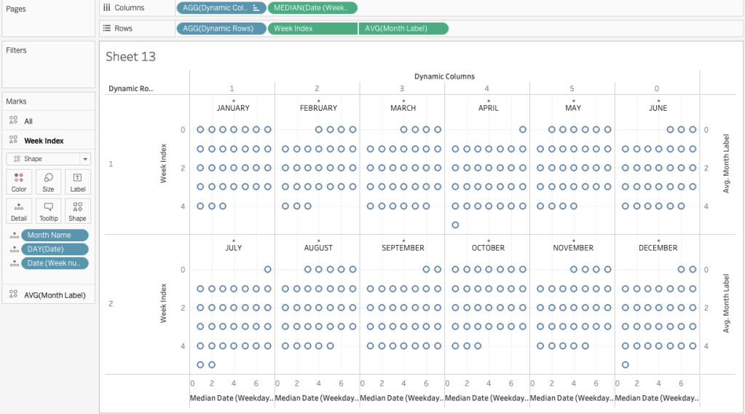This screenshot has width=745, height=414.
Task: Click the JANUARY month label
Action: (233, 108)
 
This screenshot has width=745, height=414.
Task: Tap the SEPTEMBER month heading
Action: (403, 248)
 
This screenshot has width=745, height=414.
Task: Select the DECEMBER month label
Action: (658, 248)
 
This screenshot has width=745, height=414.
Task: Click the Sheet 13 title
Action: (130, 57)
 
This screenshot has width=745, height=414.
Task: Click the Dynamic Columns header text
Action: (444, 77)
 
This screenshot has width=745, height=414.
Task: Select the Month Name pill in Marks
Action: (55, 235)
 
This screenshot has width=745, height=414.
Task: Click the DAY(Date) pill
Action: (55, 249)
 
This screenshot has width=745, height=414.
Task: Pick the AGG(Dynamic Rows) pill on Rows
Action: (221, 28)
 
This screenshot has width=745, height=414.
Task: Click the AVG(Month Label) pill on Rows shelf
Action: (403, 28)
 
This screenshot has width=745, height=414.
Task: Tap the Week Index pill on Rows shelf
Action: (312, 28)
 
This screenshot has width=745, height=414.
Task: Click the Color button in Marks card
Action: (19, 182)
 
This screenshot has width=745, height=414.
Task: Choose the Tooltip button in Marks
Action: (48, 211)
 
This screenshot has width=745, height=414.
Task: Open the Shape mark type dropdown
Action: (48, 158)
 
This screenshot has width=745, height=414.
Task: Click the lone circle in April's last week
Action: (455, 225)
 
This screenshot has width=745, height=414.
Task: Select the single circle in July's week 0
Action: (268, 270)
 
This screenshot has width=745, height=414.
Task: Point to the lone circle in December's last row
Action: (626, 364)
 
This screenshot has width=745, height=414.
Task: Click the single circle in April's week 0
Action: (523, 130)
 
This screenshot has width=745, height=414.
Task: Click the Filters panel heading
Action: (17, 50)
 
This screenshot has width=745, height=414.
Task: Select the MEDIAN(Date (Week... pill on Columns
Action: (312, 8)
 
